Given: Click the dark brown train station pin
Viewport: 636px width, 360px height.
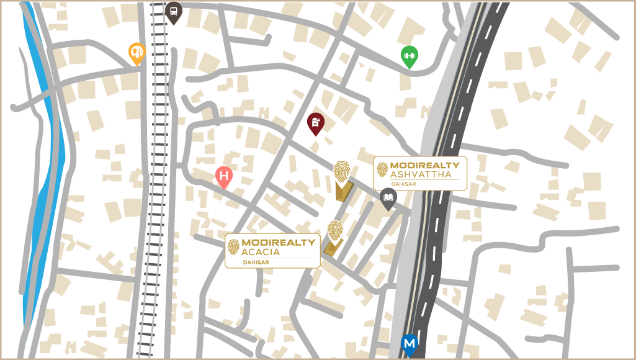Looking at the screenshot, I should pyautogui.click(x=174, y=12).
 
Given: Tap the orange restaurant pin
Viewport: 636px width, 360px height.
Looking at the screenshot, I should pyautogui.click(x=137, y=53).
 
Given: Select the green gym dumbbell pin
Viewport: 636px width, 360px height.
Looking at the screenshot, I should pyautogui.click(x=409, y=56).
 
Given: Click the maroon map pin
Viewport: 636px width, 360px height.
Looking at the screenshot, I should pyautogui.click(x=316, y=123).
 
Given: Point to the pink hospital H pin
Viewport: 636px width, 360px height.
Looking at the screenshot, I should pyautogui.click(x=224, y=177).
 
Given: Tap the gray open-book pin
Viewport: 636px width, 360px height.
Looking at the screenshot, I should pyautogui.click(x=388, y=198).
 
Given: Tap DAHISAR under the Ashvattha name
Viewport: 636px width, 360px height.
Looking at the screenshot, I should pyautogui.click(x=421, y=184).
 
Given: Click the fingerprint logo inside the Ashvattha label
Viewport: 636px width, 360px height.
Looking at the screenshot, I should pyautogui.click(x=382, y=169).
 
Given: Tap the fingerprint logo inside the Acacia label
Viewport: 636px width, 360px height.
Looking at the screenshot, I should pyautogui.click(x=233, y=247).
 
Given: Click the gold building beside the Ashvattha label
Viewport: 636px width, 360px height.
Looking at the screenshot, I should pyautogui.click(x=343, y=191).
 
